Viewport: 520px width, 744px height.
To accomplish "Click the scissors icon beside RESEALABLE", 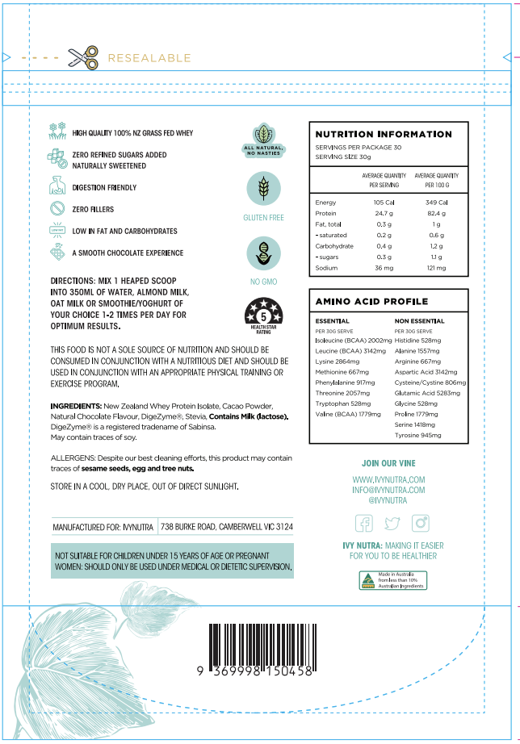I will pyautogui.click(x=82, y=57).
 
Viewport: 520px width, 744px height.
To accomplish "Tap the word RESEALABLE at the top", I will pyautogui.click(x=149, y=58).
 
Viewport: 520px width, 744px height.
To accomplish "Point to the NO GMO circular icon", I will pyautogui.click(x=263, y=253).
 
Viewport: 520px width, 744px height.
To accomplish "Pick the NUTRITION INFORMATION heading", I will pyautogui.click(x=383, y=134).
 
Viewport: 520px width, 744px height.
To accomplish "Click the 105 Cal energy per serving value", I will pyautogui.click(x=383, y=202).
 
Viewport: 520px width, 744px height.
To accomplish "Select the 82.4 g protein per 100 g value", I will pyautogui.click(x=436, y=213).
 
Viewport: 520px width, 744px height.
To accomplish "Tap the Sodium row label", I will pyautogui.click(x=326, y=267).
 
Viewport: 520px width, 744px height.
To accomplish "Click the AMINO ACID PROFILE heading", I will pyautogui.click(x=371, y=301).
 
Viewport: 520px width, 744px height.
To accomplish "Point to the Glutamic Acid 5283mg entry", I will pyautogui.click(x=427, y=393).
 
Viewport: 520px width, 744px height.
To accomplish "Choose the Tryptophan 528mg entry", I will pyautogui.click(x=342, y=403).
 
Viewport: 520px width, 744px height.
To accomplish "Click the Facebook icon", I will pyautogui.click(x=364, y=523).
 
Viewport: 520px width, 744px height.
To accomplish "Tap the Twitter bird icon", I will pyautogui.click(x=392, y=523).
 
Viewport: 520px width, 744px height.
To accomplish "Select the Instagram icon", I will pyautogui.click(x=421, y=523).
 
